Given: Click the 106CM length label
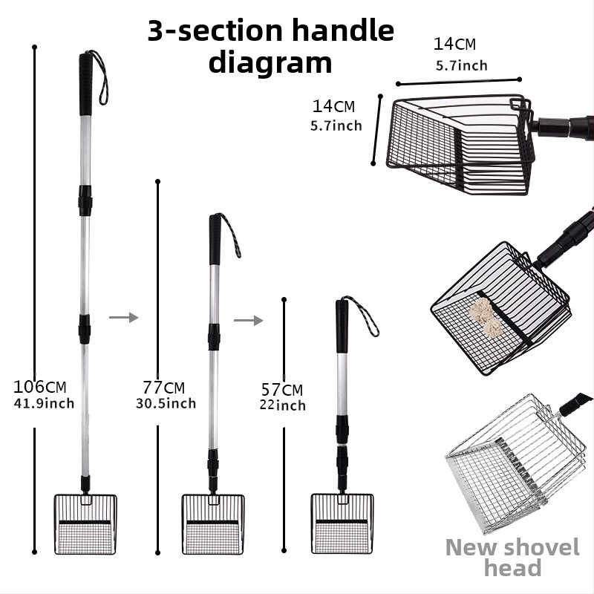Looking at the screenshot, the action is pyautogui.click(x=40, y=387).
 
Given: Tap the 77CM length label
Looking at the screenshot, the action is pyautogui.click(x=163, y=388).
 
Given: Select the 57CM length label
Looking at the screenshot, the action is pyautogui.click(x=282, y=389).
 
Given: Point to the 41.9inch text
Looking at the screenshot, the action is pyautogui.click(x=44, y=403).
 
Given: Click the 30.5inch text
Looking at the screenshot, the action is pyautogui.click(x=166, y=403).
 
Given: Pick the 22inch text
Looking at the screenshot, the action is pyautogui.click(x=283, y=405).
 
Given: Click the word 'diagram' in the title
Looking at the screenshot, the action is pyautogui.click(x=270, y=62).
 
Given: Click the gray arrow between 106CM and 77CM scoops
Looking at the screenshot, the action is pyautogui.click(x=123, y=317).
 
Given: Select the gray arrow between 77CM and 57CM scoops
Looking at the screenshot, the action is pyautogui.click(x=248, y=321).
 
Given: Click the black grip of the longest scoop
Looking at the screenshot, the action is pyautogui.click(x=85, y=84).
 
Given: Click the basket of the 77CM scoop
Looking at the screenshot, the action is pyautogui.click(x=213, y=524).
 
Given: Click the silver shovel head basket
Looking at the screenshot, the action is pyautogui.click(x=515, y=464).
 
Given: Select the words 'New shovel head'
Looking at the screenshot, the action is pyautogui.click(x=512, y=558).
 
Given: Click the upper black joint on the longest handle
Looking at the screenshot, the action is pyautogui.click(x=85, y=200).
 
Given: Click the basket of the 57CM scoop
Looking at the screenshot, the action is pyautogui.click(x=342, y=523).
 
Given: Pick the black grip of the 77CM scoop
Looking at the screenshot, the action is pyautogui.click(x=215, y=239).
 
